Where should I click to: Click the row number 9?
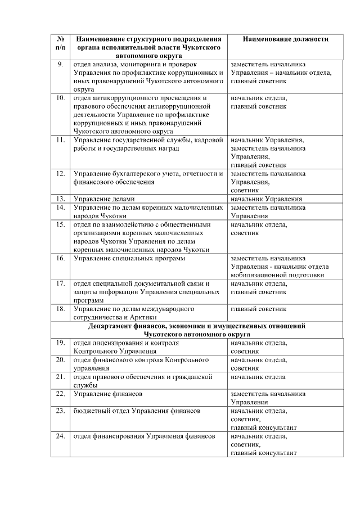(x=60, y=64)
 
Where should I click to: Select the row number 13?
(x=60, y=199)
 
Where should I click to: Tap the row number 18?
(x=60, y=309)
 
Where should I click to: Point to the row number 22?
(x=60, y=394)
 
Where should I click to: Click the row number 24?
(x=60, y=436)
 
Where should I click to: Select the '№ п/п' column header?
(x=60, y=43)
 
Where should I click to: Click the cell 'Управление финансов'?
(x=107, y=394)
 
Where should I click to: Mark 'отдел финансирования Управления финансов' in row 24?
(x=144, y=436)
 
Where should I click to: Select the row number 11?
(x=60, y=139)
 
